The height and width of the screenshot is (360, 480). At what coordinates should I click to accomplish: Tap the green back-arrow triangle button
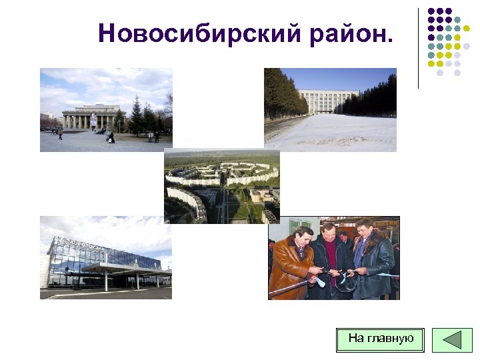[452, 339]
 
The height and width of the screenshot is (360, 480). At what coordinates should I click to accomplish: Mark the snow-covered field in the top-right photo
[333, 133]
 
